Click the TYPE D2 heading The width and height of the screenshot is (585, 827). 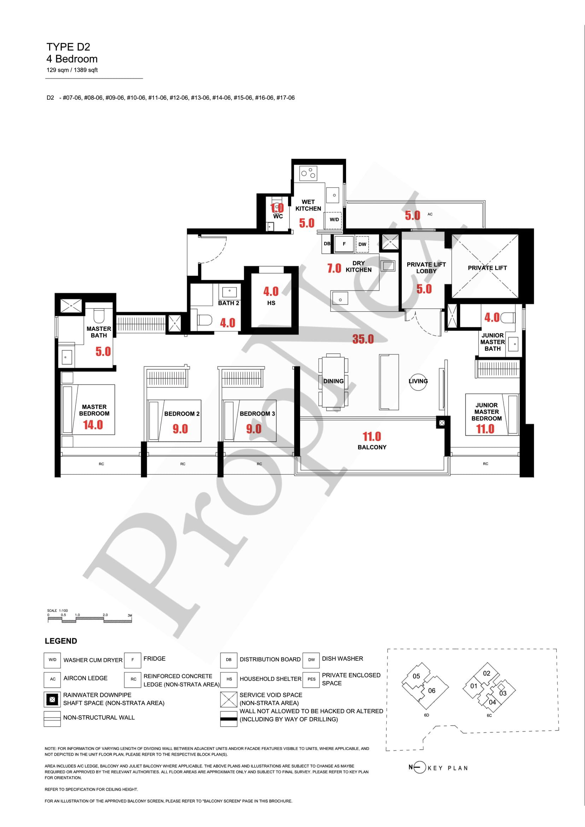[x=68, y=47]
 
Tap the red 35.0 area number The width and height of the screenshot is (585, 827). [x=363, y=339]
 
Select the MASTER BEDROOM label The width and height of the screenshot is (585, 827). [x=94, y=410]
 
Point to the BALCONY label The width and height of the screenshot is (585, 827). [x=372, y=447]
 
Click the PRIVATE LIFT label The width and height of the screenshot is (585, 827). [x=487, y=268]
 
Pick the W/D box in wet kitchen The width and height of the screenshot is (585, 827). [x=334, y=219]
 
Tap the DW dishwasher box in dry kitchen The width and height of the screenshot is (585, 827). [x=362, y=244]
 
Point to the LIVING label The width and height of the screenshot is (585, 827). [x=418, y=381]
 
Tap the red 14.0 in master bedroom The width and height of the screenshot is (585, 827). [x=93, y=425]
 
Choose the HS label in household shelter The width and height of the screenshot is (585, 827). [x=271, y=303]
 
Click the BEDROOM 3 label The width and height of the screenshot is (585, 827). [x=257, y=413]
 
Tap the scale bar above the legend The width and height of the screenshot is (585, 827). [x=90, y=620]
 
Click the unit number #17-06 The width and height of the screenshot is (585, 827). [x=285, y=98]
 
